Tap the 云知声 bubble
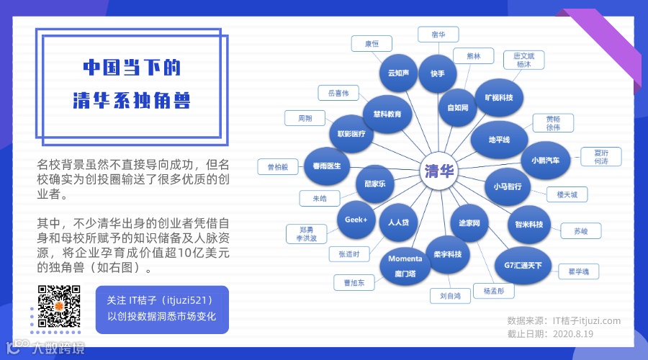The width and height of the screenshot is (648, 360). tap(398, 73)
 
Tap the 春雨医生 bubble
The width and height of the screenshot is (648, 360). tap(327, 166)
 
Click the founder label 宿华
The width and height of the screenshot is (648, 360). tap(438, 34)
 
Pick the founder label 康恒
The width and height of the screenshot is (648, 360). tap(372, 44)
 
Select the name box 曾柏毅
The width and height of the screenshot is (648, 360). tap(277, 167)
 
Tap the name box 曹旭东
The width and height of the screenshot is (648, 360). tap(354, 283)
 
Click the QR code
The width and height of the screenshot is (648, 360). tap(59, 307)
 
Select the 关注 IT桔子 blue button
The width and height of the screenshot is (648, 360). tap(162, 308)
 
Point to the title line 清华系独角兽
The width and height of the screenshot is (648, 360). tap(131, 101)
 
